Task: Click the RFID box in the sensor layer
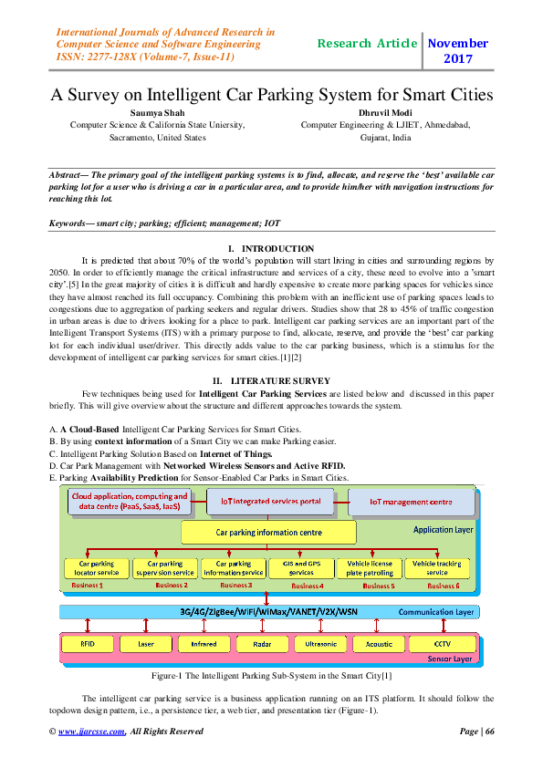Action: [x=88, y=644]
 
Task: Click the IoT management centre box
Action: [x=411, y=502]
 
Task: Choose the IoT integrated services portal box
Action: [x=265, y=502]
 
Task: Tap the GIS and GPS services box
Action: [x=296, y=567]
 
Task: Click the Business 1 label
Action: [x=88, y=585]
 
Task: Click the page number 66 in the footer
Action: [x=489, y=731]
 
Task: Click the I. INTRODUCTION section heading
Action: [x=271, y=249]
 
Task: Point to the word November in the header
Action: [x=457, y=43]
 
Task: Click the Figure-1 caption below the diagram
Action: [x=271, y=677]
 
